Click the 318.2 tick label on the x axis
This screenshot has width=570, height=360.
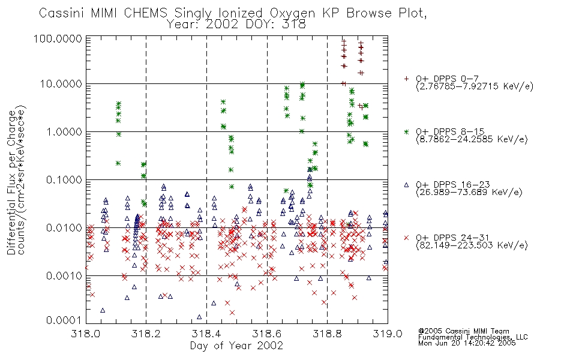pyautogui.click(x=146, y=334)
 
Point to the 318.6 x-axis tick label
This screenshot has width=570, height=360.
pyautogui.click(x=267, y=334)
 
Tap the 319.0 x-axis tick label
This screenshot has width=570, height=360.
pyautogui.click(x=388, y=334)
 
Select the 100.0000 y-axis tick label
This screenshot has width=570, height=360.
pyautogui.click(x=58, y=38)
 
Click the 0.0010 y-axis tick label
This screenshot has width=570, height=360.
pyautogui.click(x=64, y=276)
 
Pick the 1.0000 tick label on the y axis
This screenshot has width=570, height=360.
pyautogui.click(x=64, y=131)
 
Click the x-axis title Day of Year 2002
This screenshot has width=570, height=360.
pyautogui.click(x=236, y=346)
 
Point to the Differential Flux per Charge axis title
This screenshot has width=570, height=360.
pyautogui.click(x=12, y=182)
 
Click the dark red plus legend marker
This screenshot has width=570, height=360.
pyautogui.click(x=406, y=79)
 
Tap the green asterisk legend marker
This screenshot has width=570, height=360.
pyautogui.click(x=406, y=131)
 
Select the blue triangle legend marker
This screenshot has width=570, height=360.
pyautogui.click(x=406, y=185)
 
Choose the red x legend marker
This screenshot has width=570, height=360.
pyautogui.click(x=406, y=238)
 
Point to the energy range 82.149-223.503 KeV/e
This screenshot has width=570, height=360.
pyautogui.click(x=472, y=245)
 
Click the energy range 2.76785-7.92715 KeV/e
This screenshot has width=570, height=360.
pyautogui.click(x=475, y=86)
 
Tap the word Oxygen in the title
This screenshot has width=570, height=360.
pyautogui.click(x=292, y=13)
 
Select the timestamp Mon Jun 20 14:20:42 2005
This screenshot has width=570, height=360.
pyautogui.click(x=467, y=343)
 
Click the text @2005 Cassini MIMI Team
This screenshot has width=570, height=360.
pyautogui.click(x=463, y=331)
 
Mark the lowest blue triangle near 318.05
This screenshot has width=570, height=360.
pyautogui.click(x=103, y=310)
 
